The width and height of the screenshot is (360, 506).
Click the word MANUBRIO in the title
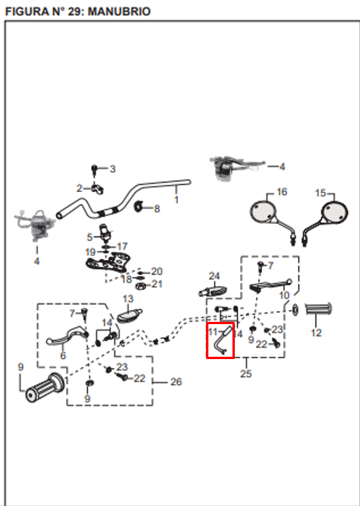(x=119, y=12)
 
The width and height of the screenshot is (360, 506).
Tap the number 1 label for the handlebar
(x=177, y=200)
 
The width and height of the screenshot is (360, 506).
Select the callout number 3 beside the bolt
(x=113, y=169)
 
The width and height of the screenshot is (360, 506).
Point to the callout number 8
(x=157, y=209)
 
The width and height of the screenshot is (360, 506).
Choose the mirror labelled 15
(x=326, y=219)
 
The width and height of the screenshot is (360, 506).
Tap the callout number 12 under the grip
(x=316, y=333)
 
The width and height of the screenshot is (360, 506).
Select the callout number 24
(x=215, y=276)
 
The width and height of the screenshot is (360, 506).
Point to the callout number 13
(x=128, y=298)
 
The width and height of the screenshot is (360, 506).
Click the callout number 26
(x=176, y=382)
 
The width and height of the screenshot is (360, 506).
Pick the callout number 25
(x=246, y=373)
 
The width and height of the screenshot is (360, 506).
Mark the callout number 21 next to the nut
(x=157, y=284)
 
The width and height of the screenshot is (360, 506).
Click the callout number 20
(x=157, y=271)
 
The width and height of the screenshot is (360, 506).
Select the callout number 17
(x=122, y=246)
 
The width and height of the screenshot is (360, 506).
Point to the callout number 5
(x=89, y=238)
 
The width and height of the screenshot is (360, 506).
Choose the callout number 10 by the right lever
(x=284, y=295)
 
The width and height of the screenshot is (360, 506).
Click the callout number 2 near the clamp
(x=79, y=188)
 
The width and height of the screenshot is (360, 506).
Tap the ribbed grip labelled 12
(x=318, y=309)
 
